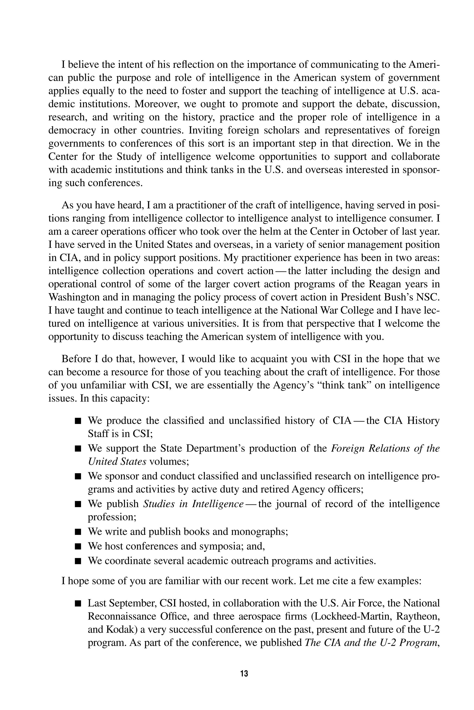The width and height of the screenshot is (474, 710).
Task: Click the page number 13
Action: tap(244, 673)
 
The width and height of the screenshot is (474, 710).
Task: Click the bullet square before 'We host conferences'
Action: tap(78, 547)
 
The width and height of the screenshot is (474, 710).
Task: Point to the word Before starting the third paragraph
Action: tap(77, 359)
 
